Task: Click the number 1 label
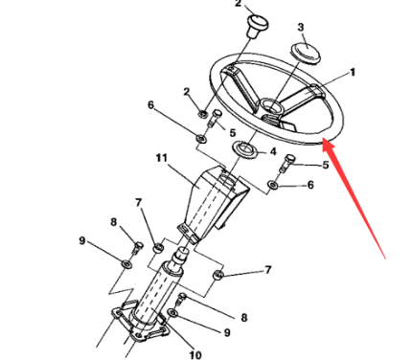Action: click(x=353, y=73)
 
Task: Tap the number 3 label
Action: click(x=301, y=28)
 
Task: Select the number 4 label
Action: click(x=273, y=151)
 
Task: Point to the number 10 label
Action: click(x=195, y=354)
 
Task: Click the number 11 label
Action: click(x=162, y=158)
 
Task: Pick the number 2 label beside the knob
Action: click(x=239, y=4)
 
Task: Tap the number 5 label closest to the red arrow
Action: click(x=325, y=165)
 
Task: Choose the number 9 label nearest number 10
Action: click(x=226, y=332)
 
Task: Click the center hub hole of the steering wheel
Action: click(x=270, y=105)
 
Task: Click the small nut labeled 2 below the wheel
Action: click(x=202, y=113)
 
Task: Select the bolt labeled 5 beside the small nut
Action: click(x=215, y=118)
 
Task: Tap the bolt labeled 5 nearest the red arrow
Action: click(x=286, y=163)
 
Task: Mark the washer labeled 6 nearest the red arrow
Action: click(x=273, y=185)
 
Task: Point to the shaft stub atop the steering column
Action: click(x=180, y=257)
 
